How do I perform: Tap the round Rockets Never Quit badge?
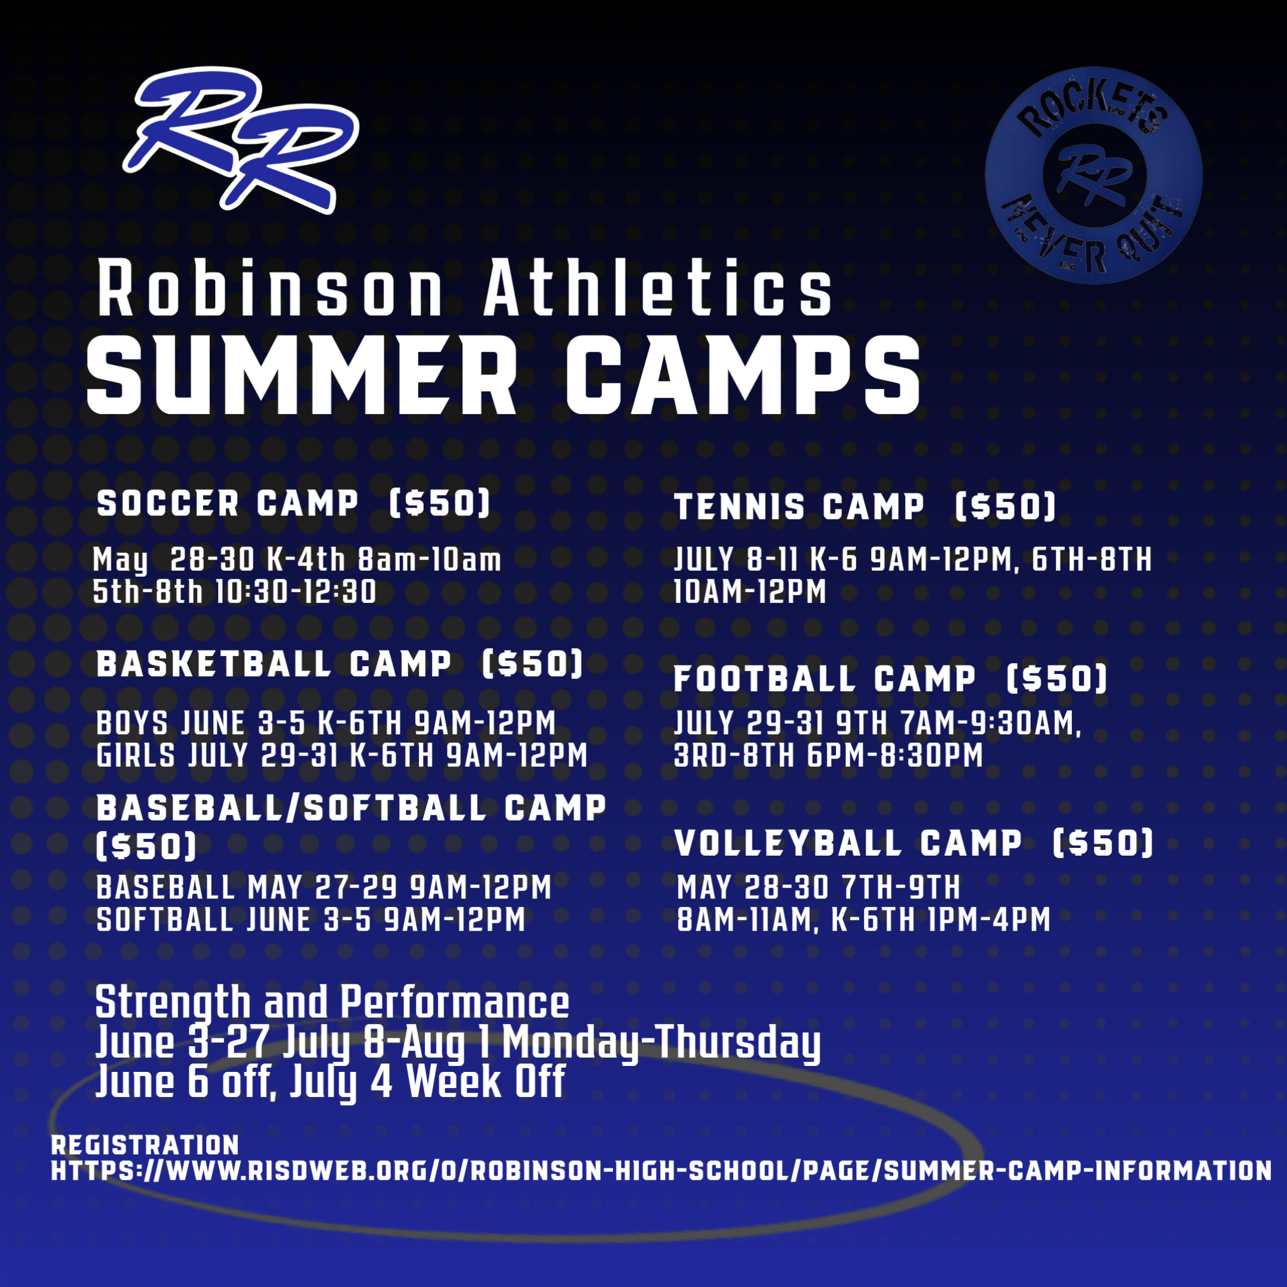coord(1093,175)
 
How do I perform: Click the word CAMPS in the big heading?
coord(743,377)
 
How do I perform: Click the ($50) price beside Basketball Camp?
coord(532,664)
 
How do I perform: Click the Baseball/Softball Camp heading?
coord(351,809)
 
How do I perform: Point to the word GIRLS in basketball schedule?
coord(136,756)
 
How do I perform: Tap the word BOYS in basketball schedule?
coord(132,723)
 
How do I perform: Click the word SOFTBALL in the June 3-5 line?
coord(164,920)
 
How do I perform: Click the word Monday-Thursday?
coord(661,1043)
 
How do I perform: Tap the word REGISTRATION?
coord(145,1145)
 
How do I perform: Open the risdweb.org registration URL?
coord(661,1171)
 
